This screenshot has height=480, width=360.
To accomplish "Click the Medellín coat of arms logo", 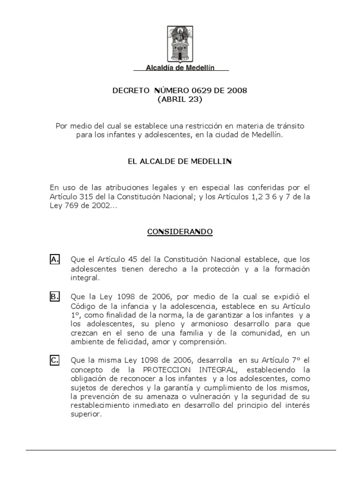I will (180, 44).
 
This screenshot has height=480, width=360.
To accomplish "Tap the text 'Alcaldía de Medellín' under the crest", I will (180, 67).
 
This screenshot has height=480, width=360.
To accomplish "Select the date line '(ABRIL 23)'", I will (180, 99).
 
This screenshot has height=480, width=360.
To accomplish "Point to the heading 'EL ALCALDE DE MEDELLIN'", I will (180, 162).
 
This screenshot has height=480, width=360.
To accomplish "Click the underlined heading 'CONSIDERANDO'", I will (180, 232).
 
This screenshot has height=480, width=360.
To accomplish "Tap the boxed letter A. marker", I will (54, 259).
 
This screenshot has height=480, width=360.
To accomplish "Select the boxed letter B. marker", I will (54, 296).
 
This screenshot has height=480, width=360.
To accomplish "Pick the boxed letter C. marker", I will (54, 360).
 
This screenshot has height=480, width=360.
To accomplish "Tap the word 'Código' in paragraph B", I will (82, 306).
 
